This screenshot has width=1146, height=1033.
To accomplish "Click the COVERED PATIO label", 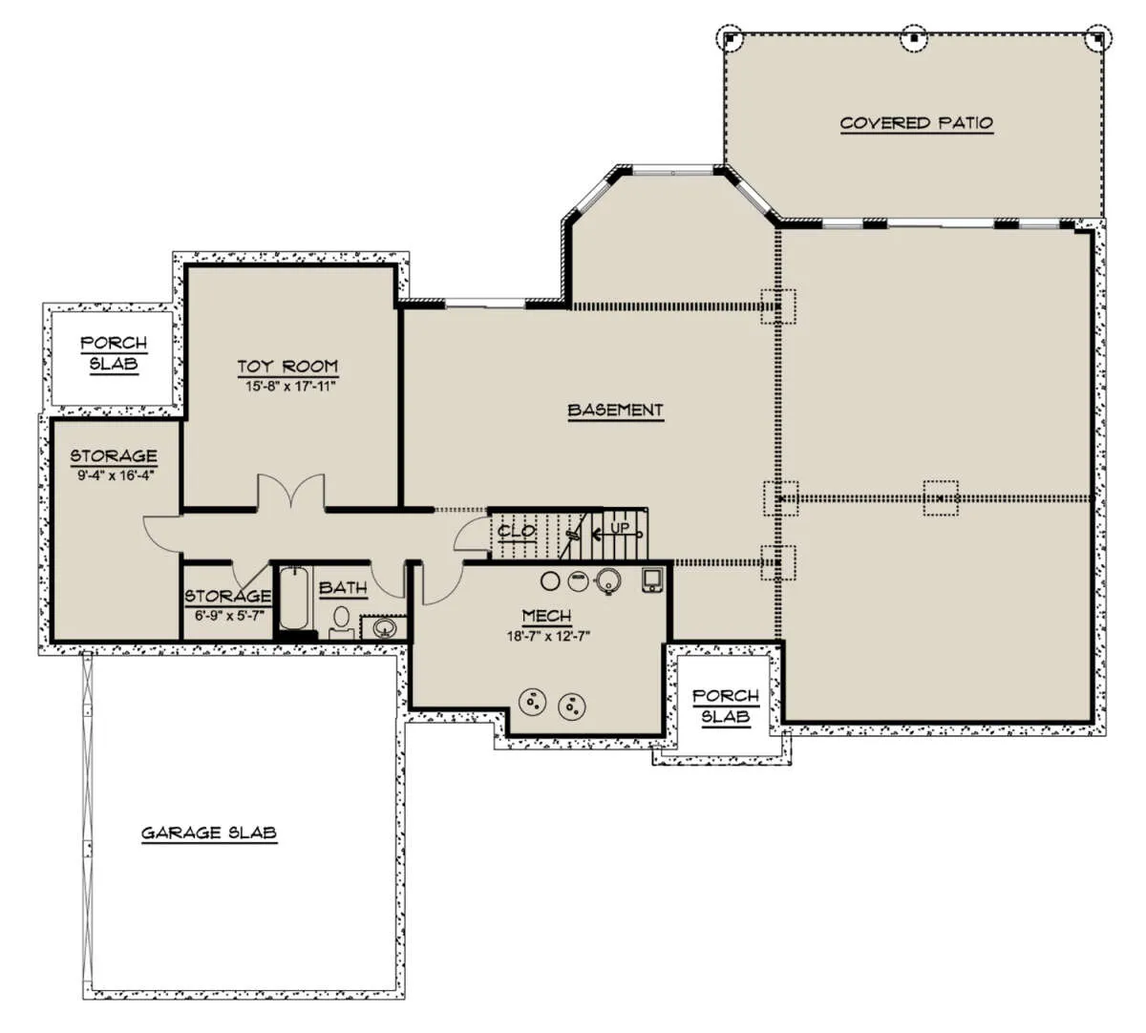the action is point(917,123).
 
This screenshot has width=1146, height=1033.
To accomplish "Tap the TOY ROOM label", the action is point(287,367).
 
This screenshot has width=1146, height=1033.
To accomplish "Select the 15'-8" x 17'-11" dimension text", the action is point(290,387).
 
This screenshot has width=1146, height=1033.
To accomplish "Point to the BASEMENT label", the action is point(615,411).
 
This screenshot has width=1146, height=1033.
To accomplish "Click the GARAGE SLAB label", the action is point(209,833).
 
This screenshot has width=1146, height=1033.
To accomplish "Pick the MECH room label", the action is point(546,617).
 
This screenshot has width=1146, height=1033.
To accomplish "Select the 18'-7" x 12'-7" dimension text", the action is point(548,637).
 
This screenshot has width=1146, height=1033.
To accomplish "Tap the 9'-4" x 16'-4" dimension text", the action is point(117,475).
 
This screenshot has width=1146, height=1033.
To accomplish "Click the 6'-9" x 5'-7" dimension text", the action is point(228,617).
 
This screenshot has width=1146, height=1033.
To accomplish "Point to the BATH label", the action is point(343,588).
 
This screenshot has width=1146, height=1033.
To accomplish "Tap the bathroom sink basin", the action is point(383,628).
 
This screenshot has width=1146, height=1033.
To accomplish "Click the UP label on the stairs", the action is point(620,529).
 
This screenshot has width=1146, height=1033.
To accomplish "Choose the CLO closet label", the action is point(517,532).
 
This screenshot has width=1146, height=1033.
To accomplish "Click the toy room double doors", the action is point(291,492).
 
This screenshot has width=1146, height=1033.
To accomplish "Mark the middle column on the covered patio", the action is point(914,38).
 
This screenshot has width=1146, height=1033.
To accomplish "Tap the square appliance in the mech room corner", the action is point(652,580).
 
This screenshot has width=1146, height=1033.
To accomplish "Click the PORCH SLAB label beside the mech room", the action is point(726,706).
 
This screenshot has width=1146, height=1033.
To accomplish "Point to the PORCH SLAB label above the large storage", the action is point(114,353).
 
